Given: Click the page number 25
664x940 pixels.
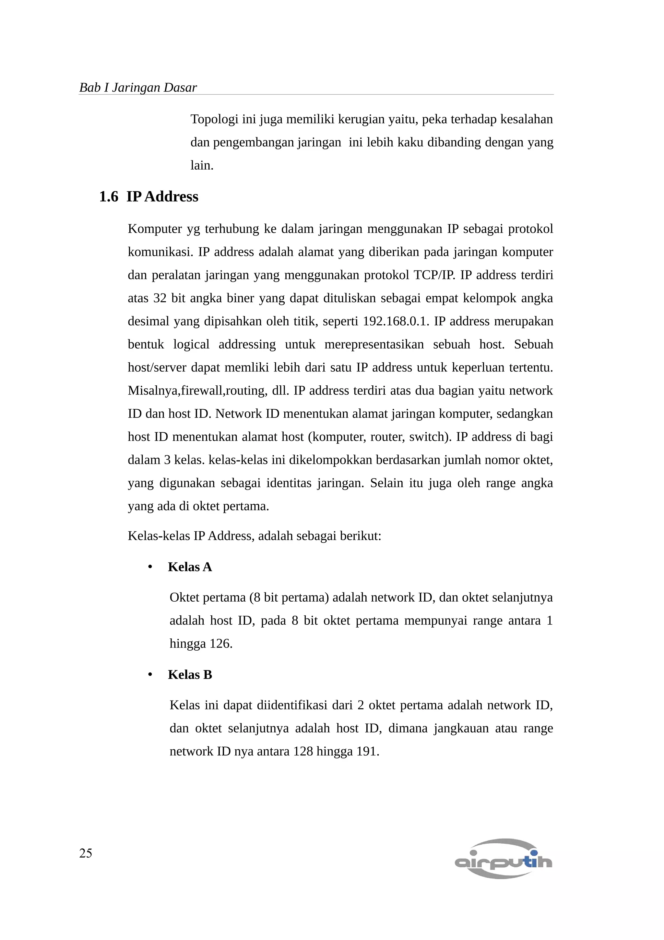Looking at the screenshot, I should click(86, 853).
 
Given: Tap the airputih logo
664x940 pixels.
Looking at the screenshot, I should click(503, 859).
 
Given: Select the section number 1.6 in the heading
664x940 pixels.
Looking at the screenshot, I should click(108, 197).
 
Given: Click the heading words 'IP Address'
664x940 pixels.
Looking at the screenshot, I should click(162, 197).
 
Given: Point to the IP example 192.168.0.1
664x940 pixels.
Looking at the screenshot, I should click(395, 321).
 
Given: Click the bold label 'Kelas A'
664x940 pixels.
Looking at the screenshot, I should click(190, 567).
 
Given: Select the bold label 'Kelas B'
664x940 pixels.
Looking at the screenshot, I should click(190, 674).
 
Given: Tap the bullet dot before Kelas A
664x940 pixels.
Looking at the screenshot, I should click(150, 567).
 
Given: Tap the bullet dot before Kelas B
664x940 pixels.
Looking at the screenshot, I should click(150, 675).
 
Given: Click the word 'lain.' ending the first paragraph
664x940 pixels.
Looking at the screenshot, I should click(202, 165).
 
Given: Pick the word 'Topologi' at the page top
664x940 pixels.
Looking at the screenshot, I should click(214, 119).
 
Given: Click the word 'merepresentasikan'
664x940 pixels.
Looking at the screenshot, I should click(374, 344).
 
